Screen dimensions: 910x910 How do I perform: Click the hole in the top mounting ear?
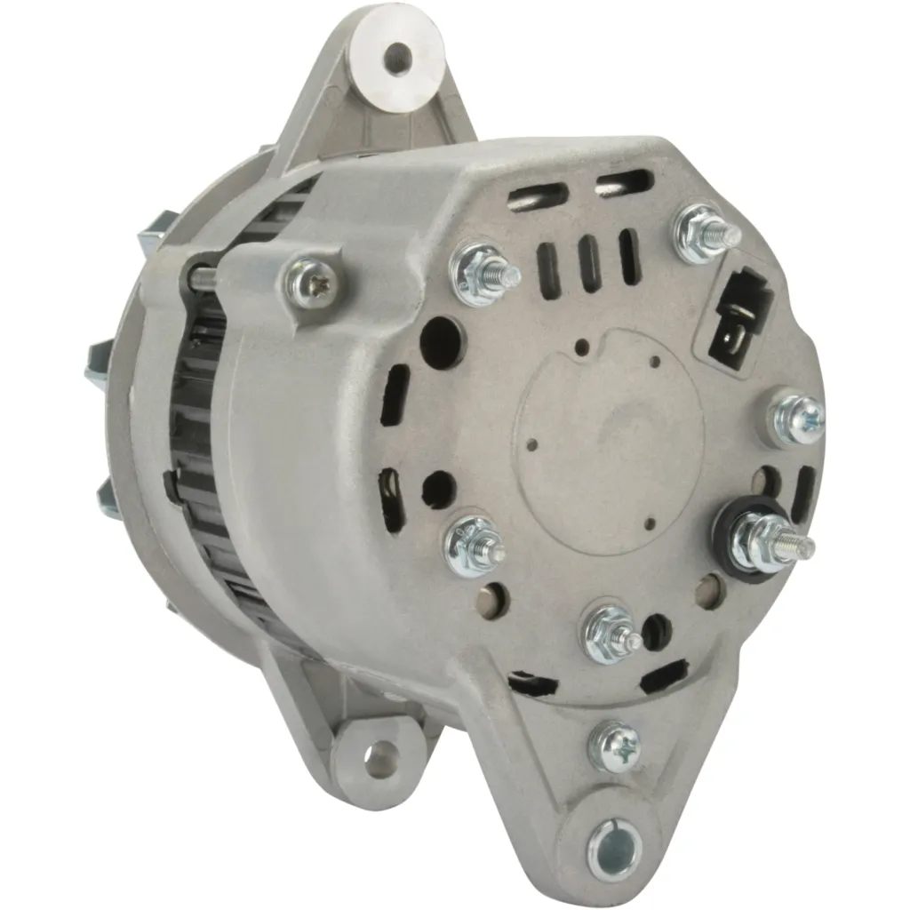click(397, 58)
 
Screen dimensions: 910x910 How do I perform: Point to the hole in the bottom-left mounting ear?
click(381, 758)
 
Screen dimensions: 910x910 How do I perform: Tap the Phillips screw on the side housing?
click(313, 283)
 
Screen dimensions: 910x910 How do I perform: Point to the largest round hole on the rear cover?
click(442, 340)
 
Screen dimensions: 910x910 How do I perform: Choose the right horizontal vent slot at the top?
click(625, 183)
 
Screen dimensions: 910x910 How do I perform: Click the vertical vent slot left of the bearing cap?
click(395, 395)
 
